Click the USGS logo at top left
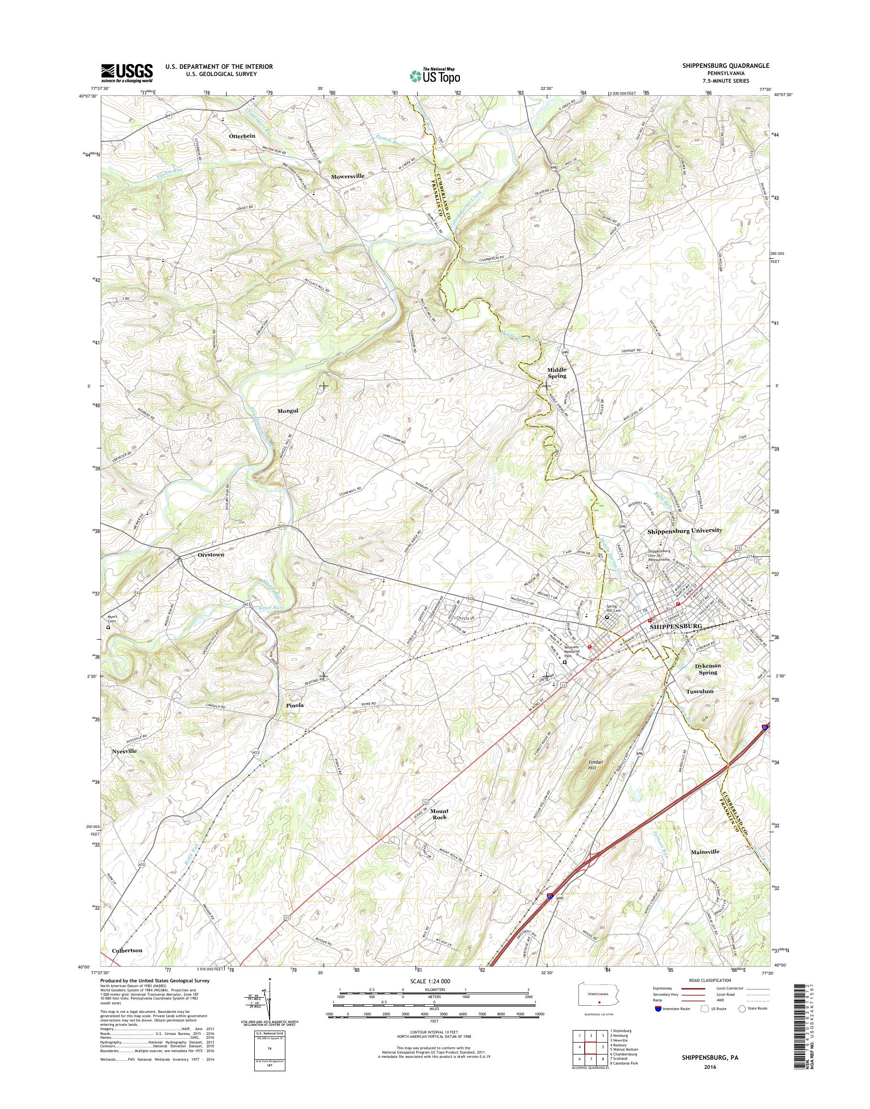click(x=127, y=73)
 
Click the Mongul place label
click(x=287, y=410)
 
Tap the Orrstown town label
click(x=210, y=555)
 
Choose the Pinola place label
click(x=295, y=705)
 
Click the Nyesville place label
click(x=125, y=751)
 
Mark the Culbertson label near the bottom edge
click(x=127, y=951)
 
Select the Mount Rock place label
click(x=439, y=814)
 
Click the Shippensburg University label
click(x=685, y=530)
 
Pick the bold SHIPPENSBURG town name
click(x=676, y=626)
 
